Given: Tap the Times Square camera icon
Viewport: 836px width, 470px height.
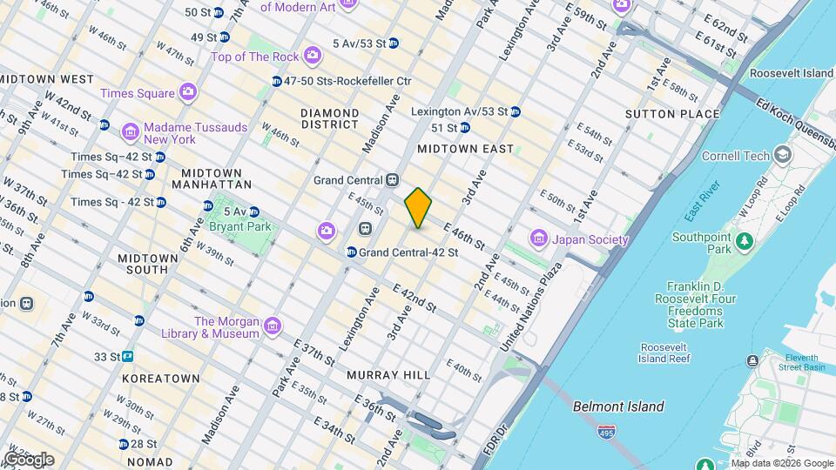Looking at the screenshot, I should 187,92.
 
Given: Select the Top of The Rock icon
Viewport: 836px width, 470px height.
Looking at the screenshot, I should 313,57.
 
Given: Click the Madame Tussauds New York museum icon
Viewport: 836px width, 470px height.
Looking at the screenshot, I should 131,132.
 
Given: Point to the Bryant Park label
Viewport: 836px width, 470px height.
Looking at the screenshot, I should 240,227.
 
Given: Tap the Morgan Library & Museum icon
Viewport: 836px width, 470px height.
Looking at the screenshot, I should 273,326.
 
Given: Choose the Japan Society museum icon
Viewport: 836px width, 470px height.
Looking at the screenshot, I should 538,238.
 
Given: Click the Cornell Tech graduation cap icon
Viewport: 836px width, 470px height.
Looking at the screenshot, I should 782,156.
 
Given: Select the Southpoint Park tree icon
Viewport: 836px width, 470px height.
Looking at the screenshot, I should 745,238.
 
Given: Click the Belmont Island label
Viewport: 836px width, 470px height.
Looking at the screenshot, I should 618,406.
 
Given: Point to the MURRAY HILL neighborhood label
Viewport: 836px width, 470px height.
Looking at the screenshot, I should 388,374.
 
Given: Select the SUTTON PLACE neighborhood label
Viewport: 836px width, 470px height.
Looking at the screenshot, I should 672,114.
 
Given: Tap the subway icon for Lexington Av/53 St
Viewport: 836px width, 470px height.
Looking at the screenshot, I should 516,111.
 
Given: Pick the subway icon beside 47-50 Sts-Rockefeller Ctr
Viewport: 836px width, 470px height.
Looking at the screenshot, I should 276,81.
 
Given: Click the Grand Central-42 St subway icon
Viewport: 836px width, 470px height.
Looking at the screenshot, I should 351,252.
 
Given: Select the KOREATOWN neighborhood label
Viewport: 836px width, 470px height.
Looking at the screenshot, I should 161,379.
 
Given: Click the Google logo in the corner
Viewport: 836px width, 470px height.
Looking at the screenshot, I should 29,459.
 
